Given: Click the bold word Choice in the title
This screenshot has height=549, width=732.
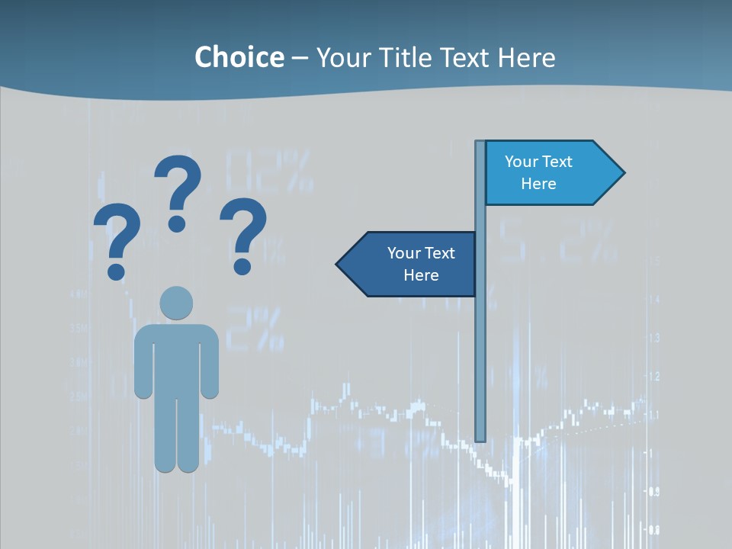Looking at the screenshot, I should pos(239,58).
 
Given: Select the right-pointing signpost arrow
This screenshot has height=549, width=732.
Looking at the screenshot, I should pos(549,173).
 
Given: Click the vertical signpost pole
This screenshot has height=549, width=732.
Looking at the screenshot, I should pos(480,343).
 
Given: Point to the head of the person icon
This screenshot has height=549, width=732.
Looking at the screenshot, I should pos(176,303).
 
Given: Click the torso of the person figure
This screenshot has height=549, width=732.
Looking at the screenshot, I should pos(176,358).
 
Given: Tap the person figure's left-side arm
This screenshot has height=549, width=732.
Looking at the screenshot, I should pos(143,362).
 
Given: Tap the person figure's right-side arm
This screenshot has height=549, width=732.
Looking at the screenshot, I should pos(210,362).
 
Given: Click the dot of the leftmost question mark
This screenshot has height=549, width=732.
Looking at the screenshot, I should pos(116,271).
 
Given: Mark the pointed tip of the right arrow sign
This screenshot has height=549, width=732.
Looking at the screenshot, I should pos(623,173).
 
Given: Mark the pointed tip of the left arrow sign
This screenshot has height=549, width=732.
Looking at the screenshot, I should pos(339,265).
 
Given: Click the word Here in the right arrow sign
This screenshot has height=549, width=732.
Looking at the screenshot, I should pos(538,184).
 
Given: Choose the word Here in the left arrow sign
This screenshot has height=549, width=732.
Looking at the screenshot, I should pos(421,275).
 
